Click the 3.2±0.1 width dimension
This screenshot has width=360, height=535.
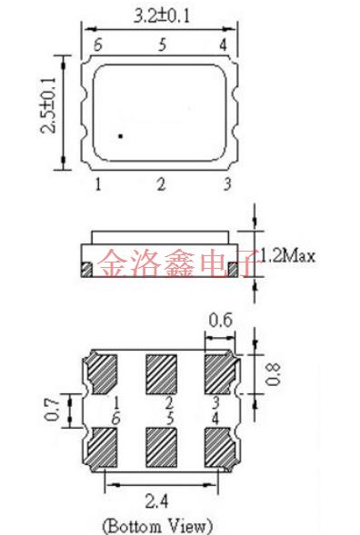point(163,16)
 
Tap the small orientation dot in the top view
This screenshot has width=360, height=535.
point(120,136)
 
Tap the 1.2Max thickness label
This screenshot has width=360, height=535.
point(287,255)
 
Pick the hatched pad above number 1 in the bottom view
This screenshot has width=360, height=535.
point(103,372)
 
